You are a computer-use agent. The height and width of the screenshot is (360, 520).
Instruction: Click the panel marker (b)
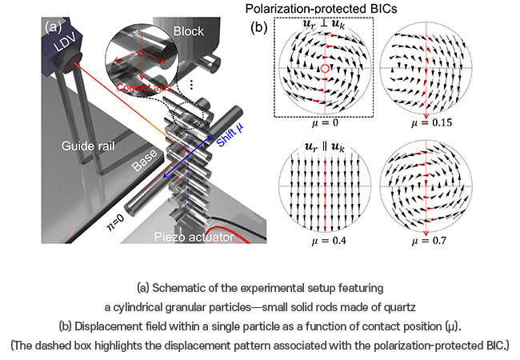(x=258, y=25)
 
